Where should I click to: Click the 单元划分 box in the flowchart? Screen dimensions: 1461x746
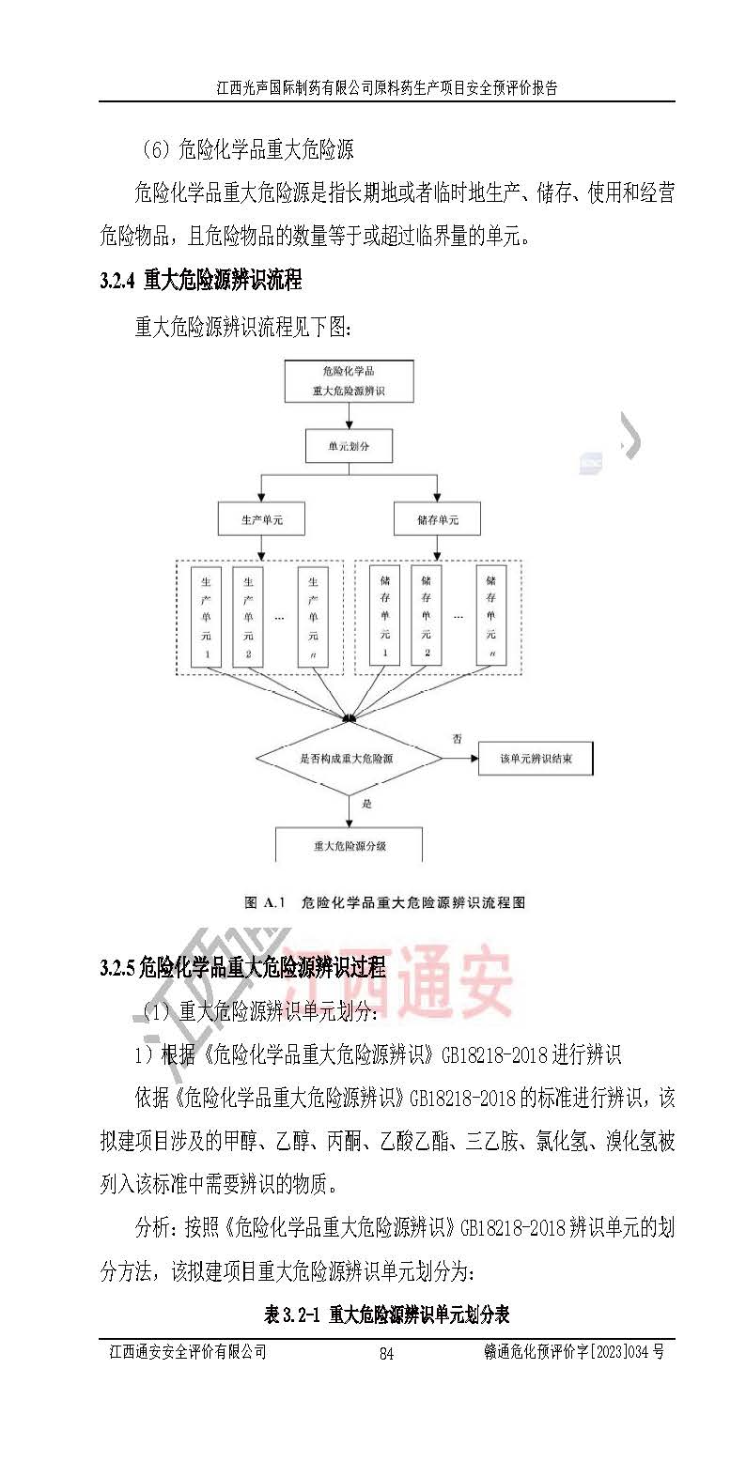(349, 446)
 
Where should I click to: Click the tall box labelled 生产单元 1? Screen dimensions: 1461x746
(207, 616)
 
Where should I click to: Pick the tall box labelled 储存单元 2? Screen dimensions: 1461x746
(427, 616)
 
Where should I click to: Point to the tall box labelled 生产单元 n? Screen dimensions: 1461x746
(313, 616)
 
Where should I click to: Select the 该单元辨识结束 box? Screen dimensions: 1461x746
(536, 758)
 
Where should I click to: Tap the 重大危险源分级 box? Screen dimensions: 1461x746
(349, 845)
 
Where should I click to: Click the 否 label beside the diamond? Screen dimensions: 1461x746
(458, 738)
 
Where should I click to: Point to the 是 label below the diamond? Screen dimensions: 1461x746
(367, 804)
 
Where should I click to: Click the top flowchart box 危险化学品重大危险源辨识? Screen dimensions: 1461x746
(349, 381)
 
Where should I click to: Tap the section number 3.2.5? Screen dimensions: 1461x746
(117, 968)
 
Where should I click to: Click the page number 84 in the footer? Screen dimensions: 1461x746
(385, 1353)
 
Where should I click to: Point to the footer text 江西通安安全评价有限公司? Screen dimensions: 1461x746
(188, 1352)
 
